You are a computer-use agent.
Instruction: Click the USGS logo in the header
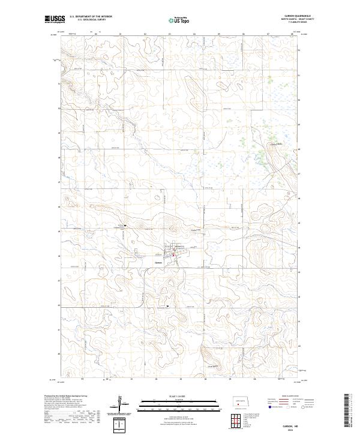click(55, 20)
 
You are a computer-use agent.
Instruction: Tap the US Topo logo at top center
click(181, 20)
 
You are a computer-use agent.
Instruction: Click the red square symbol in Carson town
click(174, 256)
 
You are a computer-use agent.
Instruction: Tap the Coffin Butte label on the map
click(275, 144)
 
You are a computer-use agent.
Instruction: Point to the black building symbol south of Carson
click(167, 305)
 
